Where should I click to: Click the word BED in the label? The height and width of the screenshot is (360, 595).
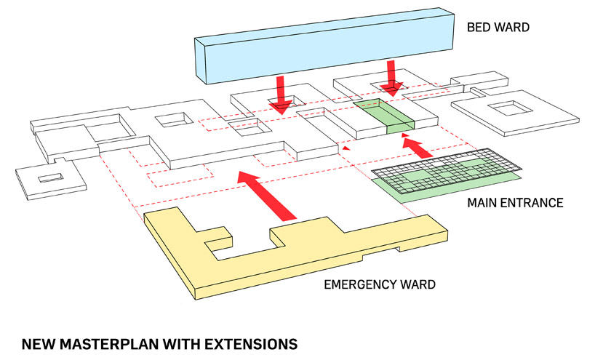[479, 28]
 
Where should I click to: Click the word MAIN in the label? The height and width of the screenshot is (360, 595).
[483, 202]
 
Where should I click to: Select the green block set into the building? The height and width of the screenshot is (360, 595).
[384, 116]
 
